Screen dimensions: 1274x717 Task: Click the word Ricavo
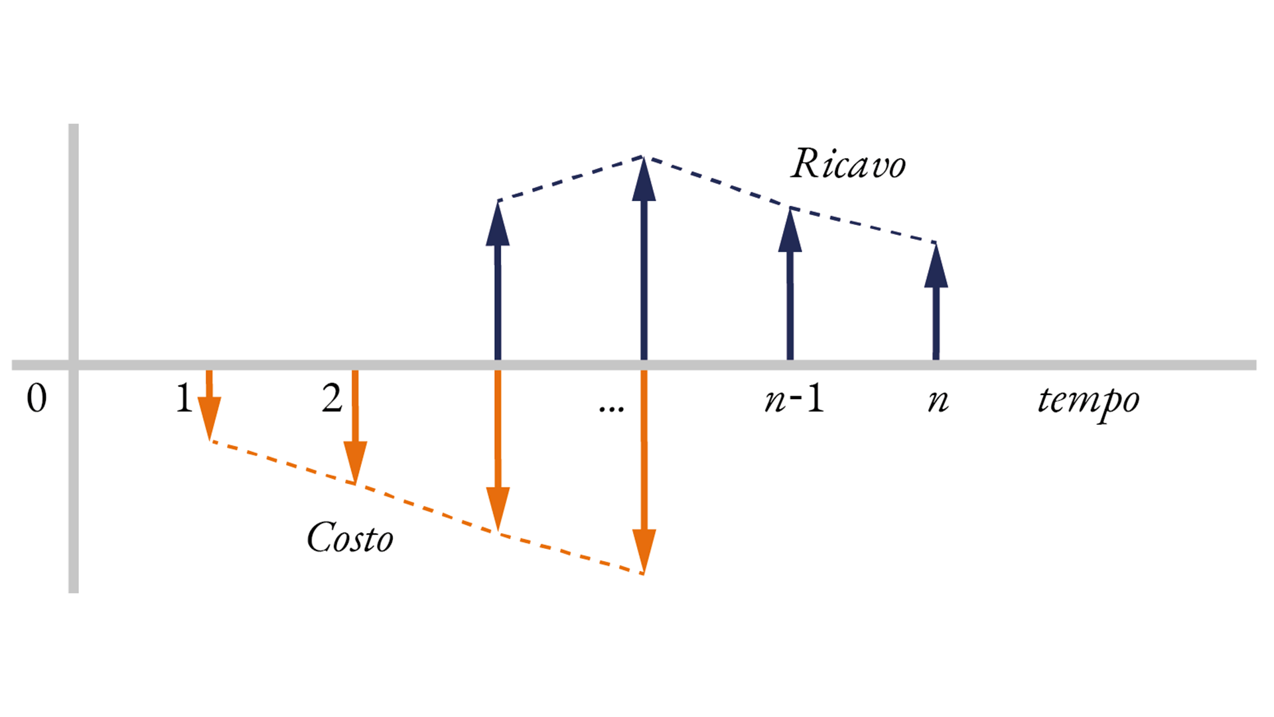tap(848, 163)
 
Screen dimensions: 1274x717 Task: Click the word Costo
tap(350, 537)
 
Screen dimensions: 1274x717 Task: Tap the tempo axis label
tap(1088, 401)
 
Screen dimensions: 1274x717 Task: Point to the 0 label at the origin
tap(36, 399)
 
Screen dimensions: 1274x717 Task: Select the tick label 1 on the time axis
tap(184, 398)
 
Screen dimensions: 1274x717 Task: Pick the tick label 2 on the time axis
tap(332, 398)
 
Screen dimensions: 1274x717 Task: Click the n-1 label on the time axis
tap(794, 399)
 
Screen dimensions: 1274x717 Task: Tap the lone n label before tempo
tap(938, 401)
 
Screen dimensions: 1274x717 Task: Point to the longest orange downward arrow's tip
tap(644, 574)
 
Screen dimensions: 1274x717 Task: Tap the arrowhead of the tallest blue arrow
tap(644, 178)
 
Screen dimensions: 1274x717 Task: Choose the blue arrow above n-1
tap(790, 284)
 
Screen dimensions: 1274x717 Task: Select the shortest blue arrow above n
tap(936, 301)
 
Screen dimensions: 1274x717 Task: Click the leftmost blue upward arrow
tap(498, 280)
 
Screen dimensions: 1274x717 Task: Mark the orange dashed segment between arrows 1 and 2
tap(283, 462)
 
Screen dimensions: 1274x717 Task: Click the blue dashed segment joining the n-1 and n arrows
tap(863, 225)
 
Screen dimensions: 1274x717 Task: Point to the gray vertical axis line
tap(74, 358)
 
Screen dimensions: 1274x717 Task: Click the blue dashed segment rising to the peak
tap(571, 179)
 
